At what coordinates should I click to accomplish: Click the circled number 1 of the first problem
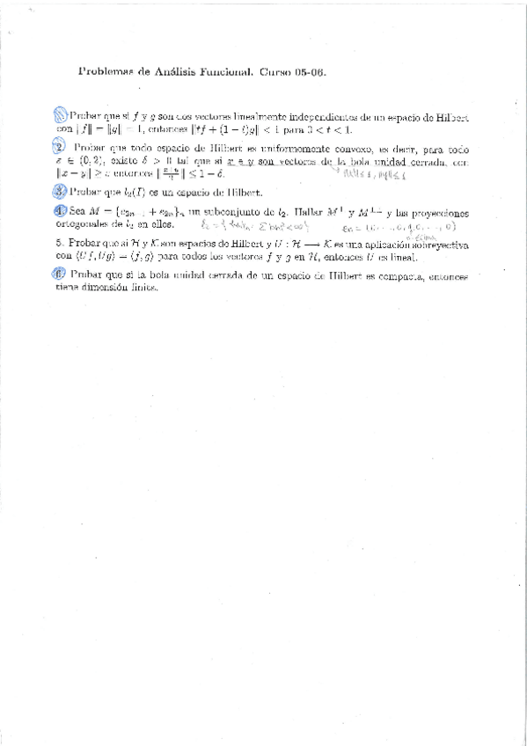tap(60, 114)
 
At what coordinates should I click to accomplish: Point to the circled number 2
tap(59, 149)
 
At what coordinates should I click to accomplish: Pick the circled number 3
tap(59, 191)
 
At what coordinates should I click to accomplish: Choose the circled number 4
tap(59, 211)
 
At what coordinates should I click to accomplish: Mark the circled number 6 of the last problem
tap(59, 275)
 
